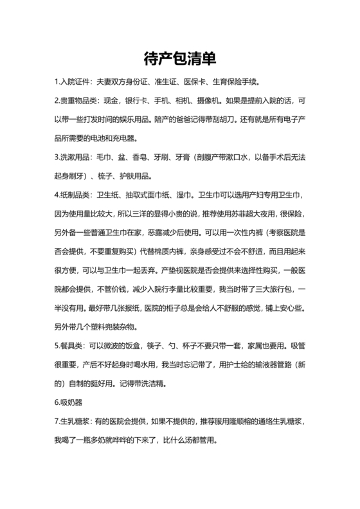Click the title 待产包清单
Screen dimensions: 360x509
pyautogui.click(x=179, y=58)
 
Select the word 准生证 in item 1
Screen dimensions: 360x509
pyautogui.click(x=165, y=83)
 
